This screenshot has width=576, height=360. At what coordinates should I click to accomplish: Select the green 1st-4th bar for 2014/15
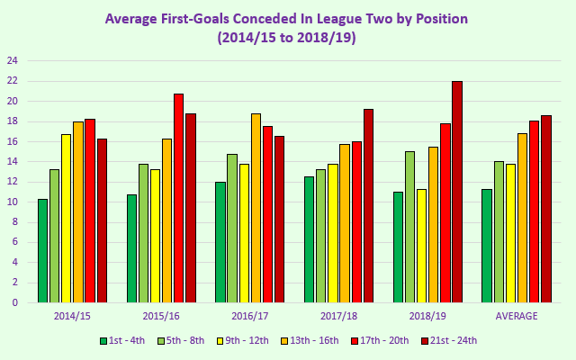[x=42, y=251]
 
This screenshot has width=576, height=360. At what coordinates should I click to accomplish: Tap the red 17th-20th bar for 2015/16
[x=178, y=198]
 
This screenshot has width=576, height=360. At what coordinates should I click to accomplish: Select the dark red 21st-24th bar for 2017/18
[x=368, y=206]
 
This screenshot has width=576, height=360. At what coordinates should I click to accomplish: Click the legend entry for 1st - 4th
[x=121, y=340]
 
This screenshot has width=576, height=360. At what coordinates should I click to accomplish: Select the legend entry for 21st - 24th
[x=447, y=340]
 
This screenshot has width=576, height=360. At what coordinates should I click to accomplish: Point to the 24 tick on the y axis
[x=13, y=61]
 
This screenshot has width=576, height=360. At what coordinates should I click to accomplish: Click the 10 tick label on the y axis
[x=13, y=202]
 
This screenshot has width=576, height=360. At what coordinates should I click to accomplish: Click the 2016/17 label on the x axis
[x=250, y=316]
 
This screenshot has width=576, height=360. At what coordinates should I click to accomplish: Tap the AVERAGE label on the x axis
[x=517, y=316]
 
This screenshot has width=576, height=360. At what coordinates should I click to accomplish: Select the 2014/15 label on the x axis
[x=72, y=316]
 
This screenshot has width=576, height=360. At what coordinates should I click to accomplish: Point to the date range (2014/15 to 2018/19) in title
[x=287, y=38]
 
